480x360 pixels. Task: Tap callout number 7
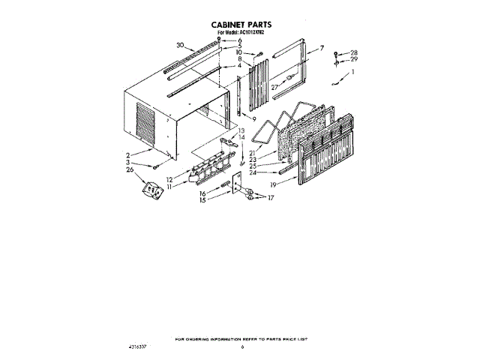pyautogui.click(x=321, y=48)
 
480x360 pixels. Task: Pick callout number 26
pyautogui.click(x=131, y=169)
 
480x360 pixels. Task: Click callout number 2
pyautogui.click(x=129, y=153)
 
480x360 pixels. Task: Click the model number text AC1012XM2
pyautogui.click(x=251, y=34)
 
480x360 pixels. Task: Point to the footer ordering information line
pyautogui.click(x=241, y=340)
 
